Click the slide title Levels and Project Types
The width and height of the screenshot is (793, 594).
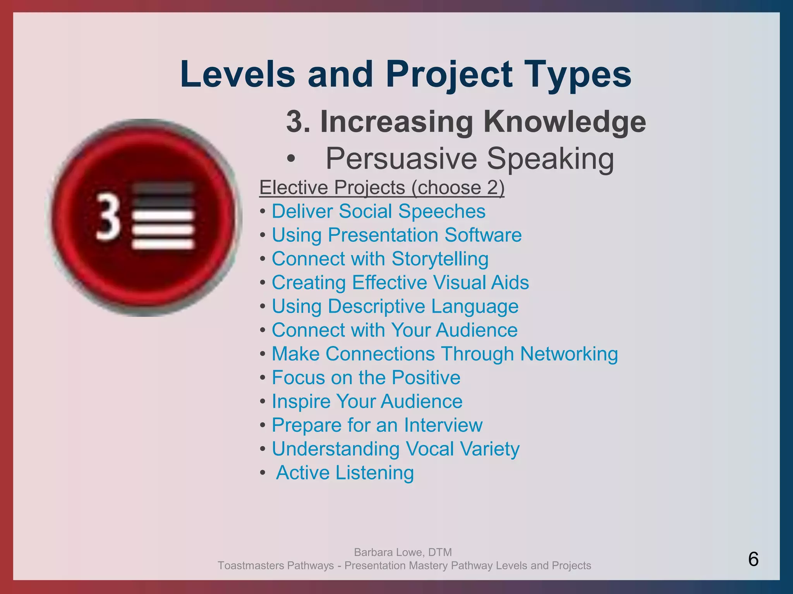point(405,74)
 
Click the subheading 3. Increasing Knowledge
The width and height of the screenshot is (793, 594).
point(466,121)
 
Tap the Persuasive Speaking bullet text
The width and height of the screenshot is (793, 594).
point(469,159)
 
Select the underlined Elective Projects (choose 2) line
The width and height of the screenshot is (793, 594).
point(382,188)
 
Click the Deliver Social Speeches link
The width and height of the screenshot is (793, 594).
point(378,212)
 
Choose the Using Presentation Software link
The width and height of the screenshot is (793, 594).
point(396,235)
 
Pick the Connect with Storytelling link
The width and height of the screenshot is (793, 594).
point(380,259)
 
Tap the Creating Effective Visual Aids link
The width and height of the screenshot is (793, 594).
point(400,283)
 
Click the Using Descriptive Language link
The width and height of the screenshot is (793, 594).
point(395,306)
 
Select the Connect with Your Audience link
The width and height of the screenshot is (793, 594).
point(395,330)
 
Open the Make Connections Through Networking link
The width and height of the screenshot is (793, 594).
point(445,354)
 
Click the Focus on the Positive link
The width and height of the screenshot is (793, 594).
point(366,377)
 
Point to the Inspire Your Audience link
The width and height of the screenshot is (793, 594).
point(367,401)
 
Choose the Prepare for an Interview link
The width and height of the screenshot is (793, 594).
point(377,425)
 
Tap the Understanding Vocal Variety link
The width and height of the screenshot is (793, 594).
point(395,449)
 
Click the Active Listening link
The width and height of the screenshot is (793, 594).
point(345,473)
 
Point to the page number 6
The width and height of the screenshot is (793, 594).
point(753,559)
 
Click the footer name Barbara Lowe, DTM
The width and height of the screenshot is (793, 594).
point(403,552)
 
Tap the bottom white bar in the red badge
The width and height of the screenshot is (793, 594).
point(163,244)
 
